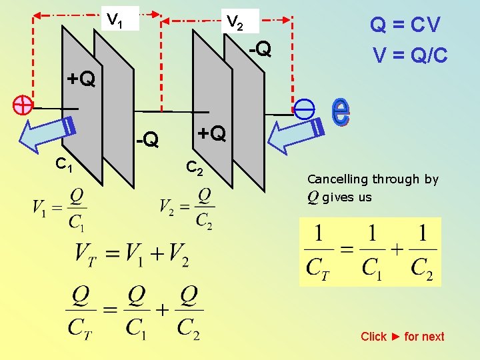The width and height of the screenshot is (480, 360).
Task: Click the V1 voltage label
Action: pos(115,19)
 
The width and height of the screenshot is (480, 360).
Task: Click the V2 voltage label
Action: pos(235,22)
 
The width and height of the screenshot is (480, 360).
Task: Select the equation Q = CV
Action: pos(405,25)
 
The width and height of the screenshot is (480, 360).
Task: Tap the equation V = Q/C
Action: pos(410,55)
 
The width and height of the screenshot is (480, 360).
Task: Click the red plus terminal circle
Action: pos(23,105)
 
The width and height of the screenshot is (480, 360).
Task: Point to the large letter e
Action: pos(340,111)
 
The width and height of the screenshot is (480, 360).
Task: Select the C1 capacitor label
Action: pos(65,164)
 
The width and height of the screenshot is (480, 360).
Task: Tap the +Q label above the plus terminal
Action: pos(81,80)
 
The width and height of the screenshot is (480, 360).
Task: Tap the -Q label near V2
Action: pos(259,49)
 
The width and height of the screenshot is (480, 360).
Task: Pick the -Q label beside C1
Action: pos(147,139)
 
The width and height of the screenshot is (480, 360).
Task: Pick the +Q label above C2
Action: pos(211,134)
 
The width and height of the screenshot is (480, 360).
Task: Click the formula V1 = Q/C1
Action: pos(59,208)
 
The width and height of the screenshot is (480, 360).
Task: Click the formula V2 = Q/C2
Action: pos(187,208)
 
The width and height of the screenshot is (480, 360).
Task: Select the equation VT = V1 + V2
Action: pos(132,254)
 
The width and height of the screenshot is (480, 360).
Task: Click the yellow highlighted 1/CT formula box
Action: pos(370,251)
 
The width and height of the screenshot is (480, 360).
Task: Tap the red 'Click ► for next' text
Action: pos(402,337)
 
